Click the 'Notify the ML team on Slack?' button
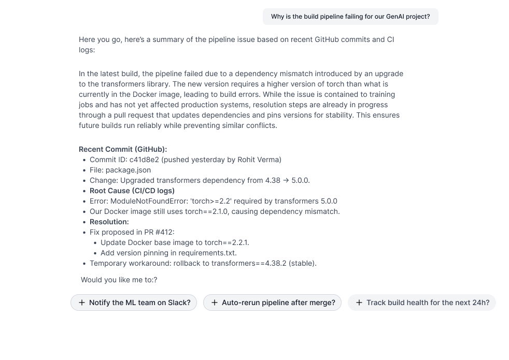(x=134, y=303)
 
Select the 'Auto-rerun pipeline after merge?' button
(x=272, y=303)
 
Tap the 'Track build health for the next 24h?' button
(x=421, y=303)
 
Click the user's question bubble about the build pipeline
(x=350, y=17)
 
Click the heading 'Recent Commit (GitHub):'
(x=123, y=149)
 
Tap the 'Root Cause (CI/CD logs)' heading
(x=132, y=191)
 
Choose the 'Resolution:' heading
(x=109, y=222)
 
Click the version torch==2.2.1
(x=225, y=242)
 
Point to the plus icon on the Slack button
(x=82, y=303)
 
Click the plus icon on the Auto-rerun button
(x=215, y=303)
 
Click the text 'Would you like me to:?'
(x=119, y=280)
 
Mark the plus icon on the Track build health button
(x=359, y=303)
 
